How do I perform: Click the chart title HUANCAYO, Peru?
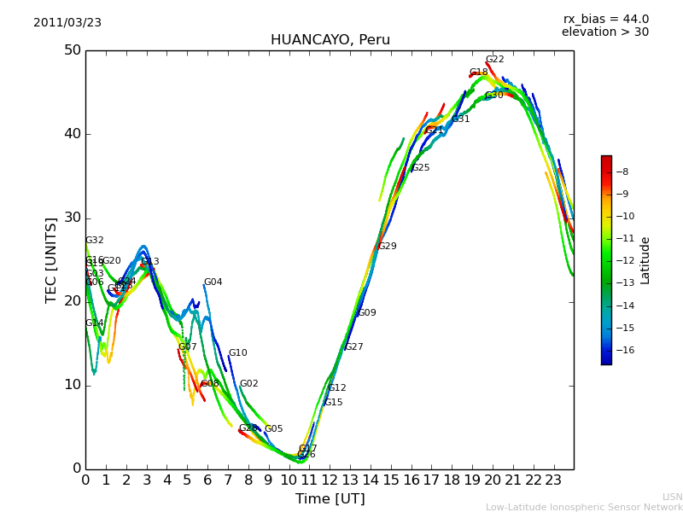330,40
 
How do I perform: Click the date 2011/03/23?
67,23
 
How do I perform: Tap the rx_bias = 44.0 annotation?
605,20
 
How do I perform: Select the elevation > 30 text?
604,32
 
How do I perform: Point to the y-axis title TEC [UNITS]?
51,259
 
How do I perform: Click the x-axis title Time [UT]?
330,499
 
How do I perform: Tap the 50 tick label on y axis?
72,50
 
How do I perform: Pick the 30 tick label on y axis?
72,218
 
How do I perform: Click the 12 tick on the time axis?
330,480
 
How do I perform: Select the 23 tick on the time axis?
553,480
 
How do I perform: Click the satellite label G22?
494,60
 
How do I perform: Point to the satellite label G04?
213,282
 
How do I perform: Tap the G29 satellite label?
387,247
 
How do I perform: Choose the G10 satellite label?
237,353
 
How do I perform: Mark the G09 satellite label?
366,313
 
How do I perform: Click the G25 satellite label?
420,168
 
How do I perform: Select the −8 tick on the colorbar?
622,172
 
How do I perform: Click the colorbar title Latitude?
645,260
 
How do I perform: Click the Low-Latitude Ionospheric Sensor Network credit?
584,508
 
